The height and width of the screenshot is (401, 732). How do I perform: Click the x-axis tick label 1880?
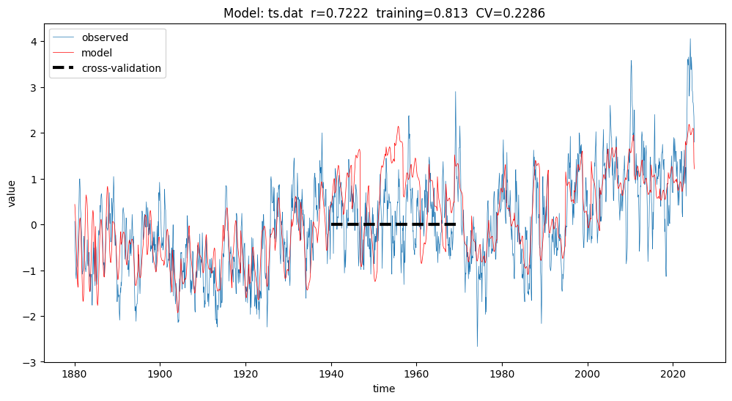[x=75, y=374]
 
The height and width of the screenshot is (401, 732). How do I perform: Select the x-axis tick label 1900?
[x=160, y=374]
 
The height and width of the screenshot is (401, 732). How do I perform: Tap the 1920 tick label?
[x=245, y=374]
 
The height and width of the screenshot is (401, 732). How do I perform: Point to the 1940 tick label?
[x=331, y=374]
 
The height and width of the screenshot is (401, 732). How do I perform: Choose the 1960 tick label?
[x=416, y=374]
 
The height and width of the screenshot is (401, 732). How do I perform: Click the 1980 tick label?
[x=502, y=374]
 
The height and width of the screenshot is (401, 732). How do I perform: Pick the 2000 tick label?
[x=587, y=374]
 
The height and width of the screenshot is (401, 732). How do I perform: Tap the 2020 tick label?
[x=673, y=374]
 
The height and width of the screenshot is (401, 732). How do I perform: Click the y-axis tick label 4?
[x=34, y=42]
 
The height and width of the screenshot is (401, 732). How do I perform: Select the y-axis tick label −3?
[x=31, y=362]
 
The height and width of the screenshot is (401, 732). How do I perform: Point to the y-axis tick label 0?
[x=34, y=225]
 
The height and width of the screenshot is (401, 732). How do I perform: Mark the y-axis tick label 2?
[x=34, y=133]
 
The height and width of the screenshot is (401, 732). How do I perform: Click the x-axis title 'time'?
[x=384, y=389]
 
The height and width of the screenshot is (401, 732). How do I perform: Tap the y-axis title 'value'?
[x=11, y=194]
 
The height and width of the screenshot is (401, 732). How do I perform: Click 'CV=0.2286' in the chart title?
[x=510, y=13]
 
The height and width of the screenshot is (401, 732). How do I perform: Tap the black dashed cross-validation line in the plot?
[x=393, y=224]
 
